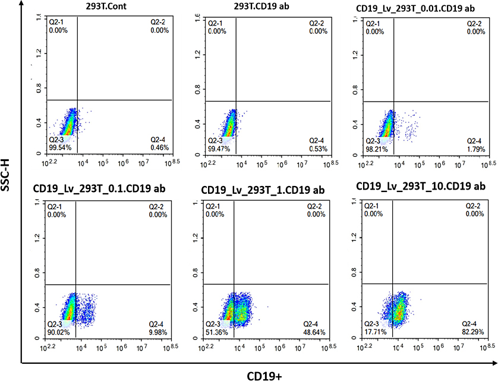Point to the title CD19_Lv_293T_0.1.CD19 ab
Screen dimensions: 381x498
point(99,190)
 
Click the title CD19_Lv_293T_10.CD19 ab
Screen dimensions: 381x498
point(421,186)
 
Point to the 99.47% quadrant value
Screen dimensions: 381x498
point(217,147)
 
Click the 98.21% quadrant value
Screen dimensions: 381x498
point(376,147)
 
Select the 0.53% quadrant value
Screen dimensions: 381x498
point(319,147)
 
